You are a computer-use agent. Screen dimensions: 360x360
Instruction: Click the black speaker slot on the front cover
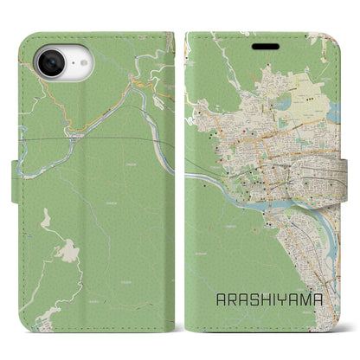(x=260, y=37)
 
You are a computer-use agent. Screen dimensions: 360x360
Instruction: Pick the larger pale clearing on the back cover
(x=63, y=248)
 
